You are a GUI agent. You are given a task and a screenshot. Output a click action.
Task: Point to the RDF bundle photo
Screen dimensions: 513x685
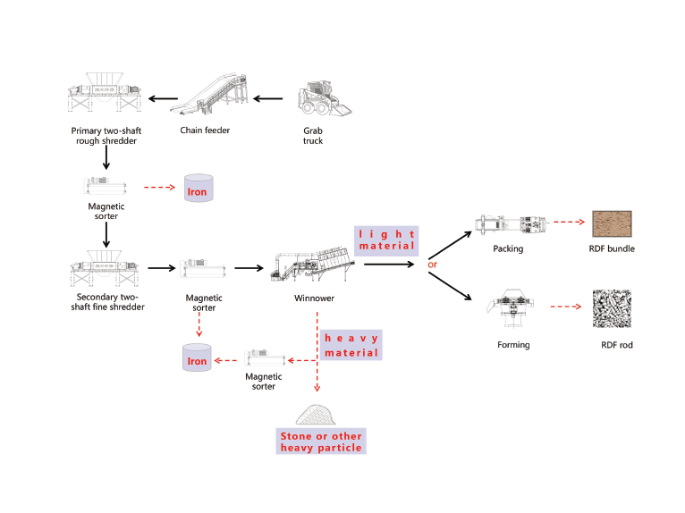[x=612, y=223]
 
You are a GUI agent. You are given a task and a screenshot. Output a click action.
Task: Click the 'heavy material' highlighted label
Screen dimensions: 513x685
[x=351, y=345]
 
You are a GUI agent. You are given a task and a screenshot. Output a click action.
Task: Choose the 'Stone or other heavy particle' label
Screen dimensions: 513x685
[x=321, y=442]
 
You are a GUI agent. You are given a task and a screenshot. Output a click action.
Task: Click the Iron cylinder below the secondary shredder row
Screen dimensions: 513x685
[x=197, y=358]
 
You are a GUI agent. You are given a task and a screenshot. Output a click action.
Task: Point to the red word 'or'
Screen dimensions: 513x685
[x=433, y=265]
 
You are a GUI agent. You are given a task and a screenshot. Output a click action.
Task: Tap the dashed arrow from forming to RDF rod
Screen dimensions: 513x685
[x=565, y=307]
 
